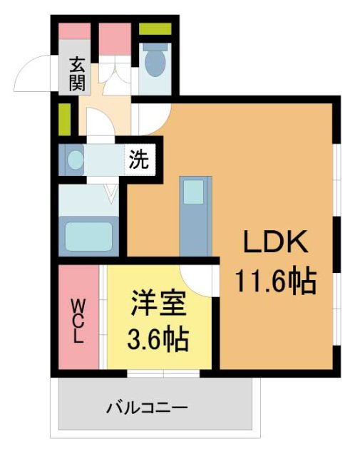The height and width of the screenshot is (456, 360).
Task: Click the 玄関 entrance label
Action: pyautogui.click(x=76, y=74)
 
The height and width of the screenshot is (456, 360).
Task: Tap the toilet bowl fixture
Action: pyautogui.click(x=153, y=62)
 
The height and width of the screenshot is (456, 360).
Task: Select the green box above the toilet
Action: pyautogui.click(x=155, y=29)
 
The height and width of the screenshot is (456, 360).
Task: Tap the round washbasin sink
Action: pyautogui.click(x=73, y=159)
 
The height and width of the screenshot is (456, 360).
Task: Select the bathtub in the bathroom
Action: pyautogui.click(x=88, y=234)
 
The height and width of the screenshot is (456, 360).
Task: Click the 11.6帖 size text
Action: pyautogui.click(x=277, y=283)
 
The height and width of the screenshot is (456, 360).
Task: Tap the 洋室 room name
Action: pyautogui.click(x=158, y=306)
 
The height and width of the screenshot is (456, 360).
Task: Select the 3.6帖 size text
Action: pyautogui.click(x=158, y=340)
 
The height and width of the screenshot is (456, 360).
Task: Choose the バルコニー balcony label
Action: pyautogui.click(x=148, y=408)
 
